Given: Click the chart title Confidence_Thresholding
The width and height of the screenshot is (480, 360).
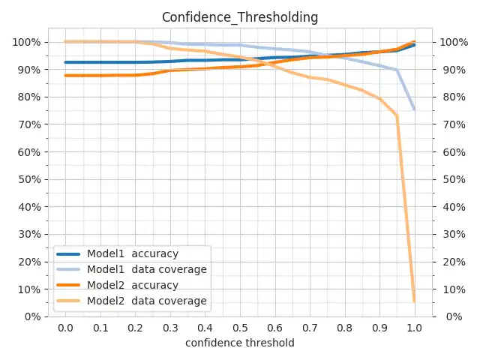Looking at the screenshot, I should [x=240, y=16].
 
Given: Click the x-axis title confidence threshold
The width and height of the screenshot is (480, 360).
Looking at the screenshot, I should [x=240, y=343].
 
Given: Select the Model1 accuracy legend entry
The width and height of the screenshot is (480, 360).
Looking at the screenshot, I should [x=132, y=253].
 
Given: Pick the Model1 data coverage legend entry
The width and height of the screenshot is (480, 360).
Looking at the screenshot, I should [x=146, y=269].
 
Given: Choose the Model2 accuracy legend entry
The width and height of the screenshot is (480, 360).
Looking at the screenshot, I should [x=132, y=285].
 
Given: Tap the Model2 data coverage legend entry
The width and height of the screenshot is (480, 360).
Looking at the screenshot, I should [x=146, y=301].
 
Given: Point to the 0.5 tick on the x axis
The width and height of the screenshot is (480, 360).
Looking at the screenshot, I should [x=240, y=328].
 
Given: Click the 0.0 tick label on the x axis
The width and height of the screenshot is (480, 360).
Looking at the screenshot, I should [x=65, y=328].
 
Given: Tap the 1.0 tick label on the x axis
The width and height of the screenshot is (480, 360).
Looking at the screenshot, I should [x=415, y=328].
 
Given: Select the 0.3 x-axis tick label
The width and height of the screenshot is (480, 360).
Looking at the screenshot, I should [x=170, y=328].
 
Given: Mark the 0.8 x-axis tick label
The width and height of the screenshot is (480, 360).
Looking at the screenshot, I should [x=345, y=328].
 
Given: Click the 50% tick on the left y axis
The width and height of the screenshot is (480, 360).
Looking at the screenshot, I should [x=28, y=179].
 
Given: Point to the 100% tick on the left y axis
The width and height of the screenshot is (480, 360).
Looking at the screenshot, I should [x=26, y=42].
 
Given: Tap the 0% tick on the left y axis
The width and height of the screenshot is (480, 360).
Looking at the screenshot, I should [x=31, y=316].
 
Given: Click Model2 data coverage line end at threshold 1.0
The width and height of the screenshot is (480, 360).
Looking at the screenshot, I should [x=415, y=301].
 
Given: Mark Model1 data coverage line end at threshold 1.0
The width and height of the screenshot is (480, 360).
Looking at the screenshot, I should [x=415, y=110].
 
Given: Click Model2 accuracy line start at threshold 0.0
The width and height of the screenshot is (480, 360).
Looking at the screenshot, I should [x=65, y=76].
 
